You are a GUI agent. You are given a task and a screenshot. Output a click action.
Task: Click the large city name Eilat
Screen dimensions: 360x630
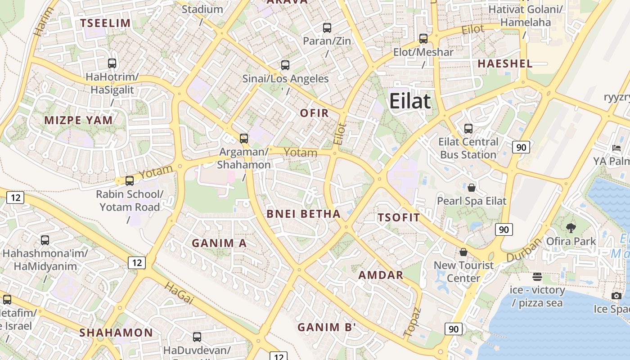[410, 101]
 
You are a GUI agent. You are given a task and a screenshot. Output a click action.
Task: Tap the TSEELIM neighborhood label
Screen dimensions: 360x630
[105, 23]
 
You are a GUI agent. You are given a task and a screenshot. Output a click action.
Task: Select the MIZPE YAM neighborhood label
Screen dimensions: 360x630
[78, 120]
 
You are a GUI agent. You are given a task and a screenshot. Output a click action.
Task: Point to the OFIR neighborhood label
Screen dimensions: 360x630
[315, 113]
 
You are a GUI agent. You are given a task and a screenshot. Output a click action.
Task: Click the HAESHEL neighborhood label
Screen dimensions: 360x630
[505, 63]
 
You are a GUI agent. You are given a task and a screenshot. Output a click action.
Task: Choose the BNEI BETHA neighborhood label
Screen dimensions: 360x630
[303, 214]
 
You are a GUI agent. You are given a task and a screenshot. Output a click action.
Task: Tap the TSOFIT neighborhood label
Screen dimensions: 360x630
[399, 218]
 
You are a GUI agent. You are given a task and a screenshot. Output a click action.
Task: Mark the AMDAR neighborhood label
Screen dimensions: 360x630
[381, 275]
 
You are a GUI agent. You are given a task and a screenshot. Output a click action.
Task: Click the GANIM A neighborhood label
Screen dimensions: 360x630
[219, 243]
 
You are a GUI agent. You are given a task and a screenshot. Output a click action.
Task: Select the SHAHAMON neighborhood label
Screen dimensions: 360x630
[116, 333]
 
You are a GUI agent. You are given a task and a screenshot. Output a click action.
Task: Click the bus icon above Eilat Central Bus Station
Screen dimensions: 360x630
[468, 129]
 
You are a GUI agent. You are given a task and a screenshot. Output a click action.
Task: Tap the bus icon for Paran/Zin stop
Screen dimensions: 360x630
[327, 28]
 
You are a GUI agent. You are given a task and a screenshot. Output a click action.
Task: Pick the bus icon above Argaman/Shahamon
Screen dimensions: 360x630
[243, 139]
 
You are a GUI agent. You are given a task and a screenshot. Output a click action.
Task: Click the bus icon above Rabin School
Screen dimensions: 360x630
[130, 181]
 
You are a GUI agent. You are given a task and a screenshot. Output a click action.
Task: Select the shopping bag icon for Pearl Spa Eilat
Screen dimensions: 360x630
[472, 188]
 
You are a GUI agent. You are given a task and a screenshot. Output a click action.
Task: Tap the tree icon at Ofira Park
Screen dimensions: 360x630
[571, 228]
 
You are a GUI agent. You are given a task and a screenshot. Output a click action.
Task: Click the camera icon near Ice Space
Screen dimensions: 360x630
[616, 296]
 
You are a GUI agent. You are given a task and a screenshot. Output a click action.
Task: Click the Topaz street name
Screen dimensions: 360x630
[412, 322]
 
